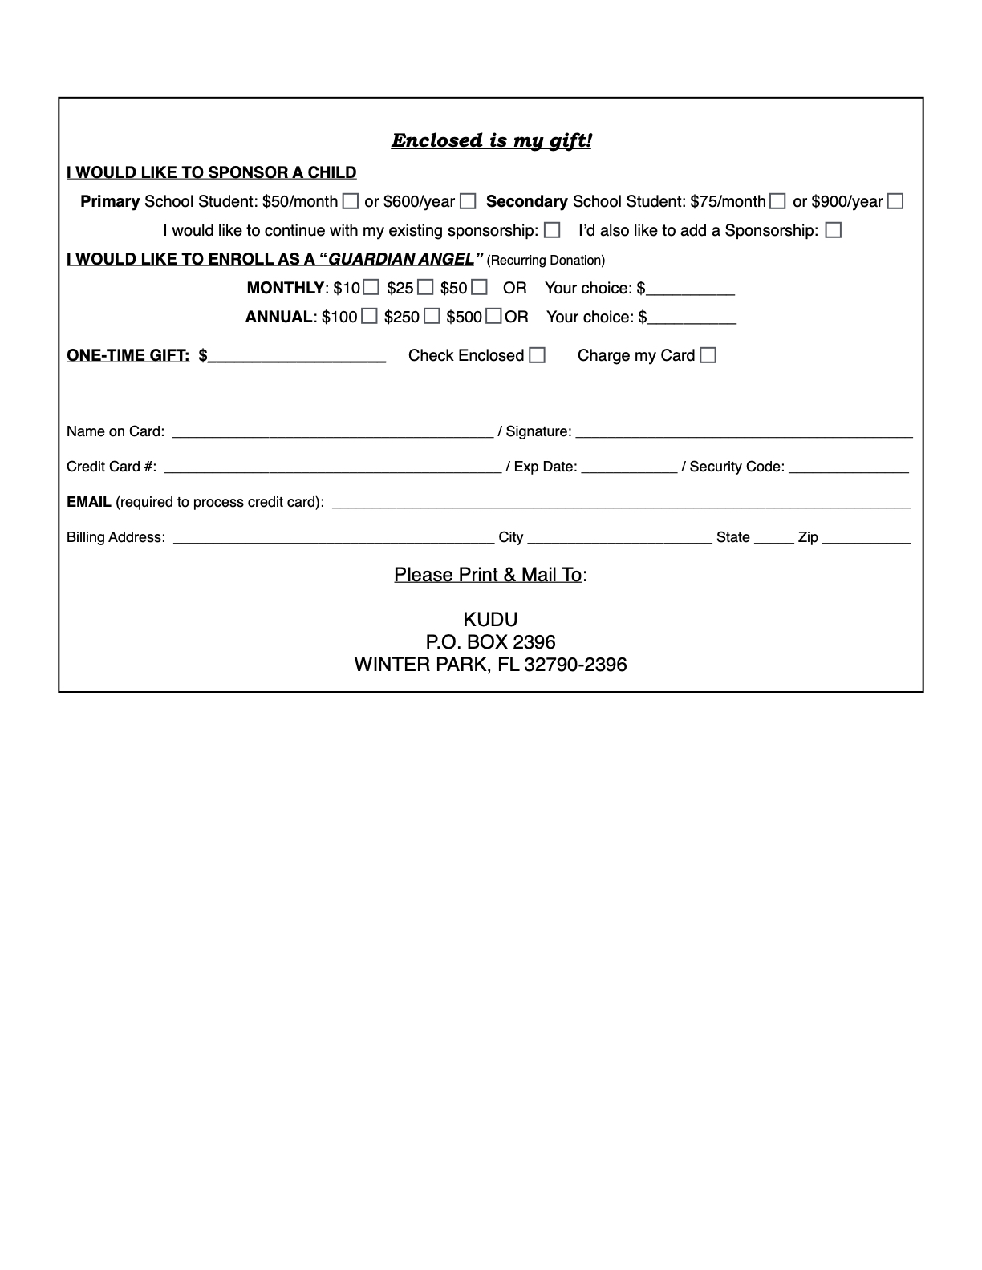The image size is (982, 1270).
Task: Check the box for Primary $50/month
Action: click(351, 201)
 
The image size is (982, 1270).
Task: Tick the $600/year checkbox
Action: click(468, 201)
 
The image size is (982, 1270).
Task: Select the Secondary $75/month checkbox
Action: click(777, 201)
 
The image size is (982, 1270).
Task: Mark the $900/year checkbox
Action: click(895, 201)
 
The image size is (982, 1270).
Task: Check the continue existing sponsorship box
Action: click(552, 230)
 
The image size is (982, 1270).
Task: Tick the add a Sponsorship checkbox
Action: click(834, 230)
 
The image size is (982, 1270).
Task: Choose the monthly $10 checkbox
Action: click(371, 287)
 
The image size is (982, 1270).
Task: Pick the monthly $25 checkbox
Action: click(425, 287)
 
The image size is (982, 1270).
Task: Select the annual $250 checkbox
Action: click(432, 316)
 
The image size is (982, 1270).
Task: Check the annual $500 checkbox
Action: click(493, 316)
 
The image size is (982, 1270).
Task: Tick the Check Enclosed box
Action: click(538, 354)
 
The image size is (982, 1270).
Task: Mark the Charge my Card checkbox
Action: click(708, 354)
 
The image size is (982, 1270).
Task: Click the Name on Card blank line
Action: click(332, 433)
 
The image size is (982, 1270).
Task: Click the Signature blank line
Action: click(744, 433)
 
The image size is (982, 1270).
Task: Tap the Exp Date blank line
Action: click(629, 468)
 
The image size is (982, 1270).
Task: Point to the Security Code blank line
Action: click(848, 468)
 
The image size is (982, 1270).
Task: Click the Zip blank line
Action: click(866, 539)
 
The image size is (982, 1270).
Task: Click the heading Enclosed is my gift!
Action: click(491, 141)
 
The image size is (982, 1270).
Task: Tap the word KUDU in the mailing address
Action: click(490, 620)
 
